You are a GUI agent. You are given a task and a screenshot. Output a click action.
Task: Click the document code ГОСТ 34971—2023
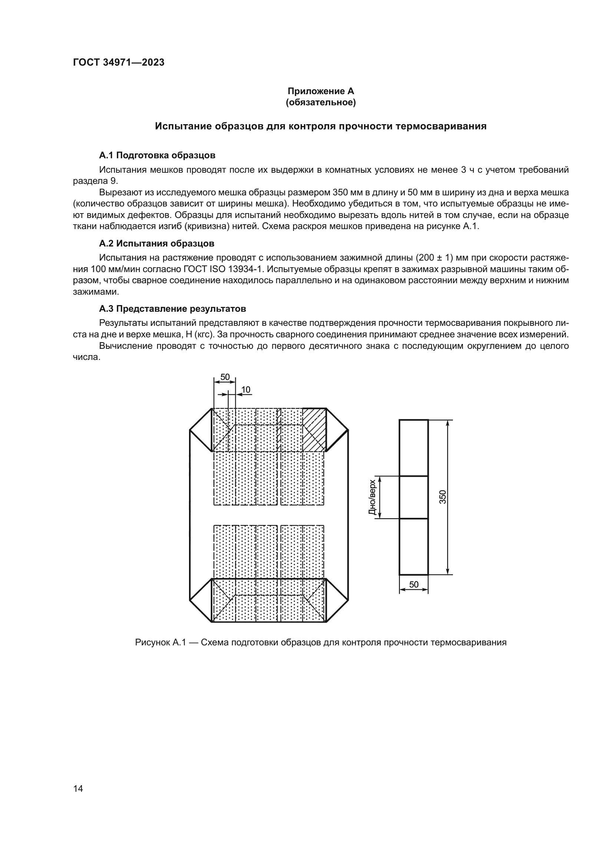click(119, 63)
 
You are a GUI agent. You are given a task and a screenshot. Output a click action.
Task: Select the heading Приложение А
click(321, 91)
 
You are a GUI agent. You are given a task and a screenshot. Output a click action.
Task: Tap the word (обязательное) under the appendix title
click(321, 102)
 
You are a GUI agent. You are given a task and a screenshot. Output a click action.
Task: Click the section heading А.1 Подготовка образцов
click(157, 155)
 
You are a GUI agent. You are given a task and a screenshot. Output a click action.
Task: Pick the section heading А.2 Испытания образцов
click(157, 244)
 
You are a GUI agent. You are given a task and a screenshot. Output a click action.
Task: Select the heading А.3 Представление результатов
click(172, 309)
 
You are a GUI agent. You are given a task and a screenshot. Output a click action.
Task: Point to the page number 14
click(78, 788)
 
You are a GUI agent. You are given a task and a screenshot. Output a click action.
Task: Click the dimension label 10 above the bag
click(245, 390)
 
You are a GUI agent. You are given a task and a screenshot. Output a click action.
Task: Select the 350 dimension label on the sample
click(443, 497)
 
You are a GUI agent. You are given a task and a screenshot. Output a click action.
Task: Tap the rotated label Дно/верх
click(372, 497)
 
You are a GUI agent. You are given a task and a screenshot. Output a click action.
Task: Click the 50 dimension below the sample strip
click(414, 585)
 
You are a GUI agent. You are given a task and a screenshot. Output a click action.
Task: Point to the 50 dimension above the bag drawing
click(225, 377)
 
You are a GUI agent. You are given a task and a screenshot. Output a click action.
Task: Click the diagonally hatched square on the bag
click(314, 430)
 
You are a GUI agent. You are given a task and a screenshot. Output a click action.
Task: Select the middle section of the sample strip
click(413, 497)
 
